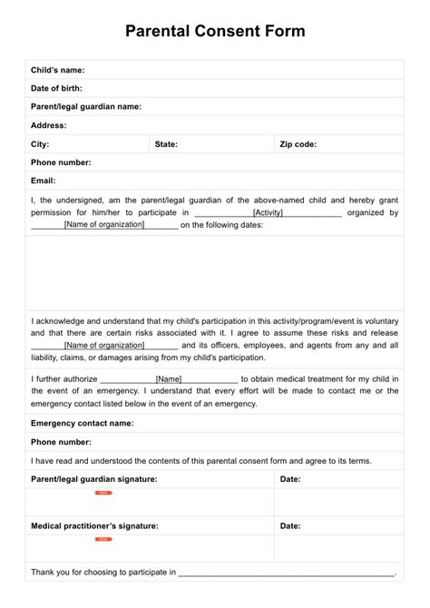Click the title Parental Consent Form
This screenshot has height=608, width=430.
(215, 32)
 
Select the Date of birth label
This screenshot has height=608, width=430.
(56, 88)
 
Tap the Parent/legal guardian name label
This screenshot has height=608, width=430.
(86, 106)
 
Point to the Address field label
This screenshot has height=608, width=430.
(49, 125)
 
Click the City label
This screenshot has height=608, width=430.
(40, 143)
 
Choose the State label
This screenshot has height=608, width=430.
(166, 143)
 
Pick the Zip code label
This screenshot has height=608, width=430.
(298, 143)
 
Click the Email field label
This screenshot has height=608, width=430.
(44, 181)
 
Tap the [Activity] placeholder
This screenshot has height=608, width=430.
(268, 212)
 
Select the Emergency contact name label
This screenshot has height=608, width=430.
(83, 423)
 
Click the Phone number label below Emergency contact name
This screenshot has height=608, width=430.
(61, 441)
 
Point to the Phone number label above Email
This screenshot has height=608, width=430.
(61, 162)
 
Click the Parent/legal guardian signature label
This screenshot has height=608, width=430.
(93, 478)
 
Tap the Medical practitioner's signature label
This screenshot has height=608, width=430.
(94, 525)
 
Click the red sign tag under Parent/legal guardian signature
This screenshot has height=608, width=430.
(103, 493)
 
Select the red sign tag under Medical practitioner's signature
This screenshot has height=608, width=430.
(103, 539)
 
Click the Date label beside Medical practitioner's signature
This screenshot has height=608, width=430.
(290, 525)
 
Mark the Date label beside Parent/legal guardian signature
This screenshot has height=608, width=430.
(290, 478)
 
